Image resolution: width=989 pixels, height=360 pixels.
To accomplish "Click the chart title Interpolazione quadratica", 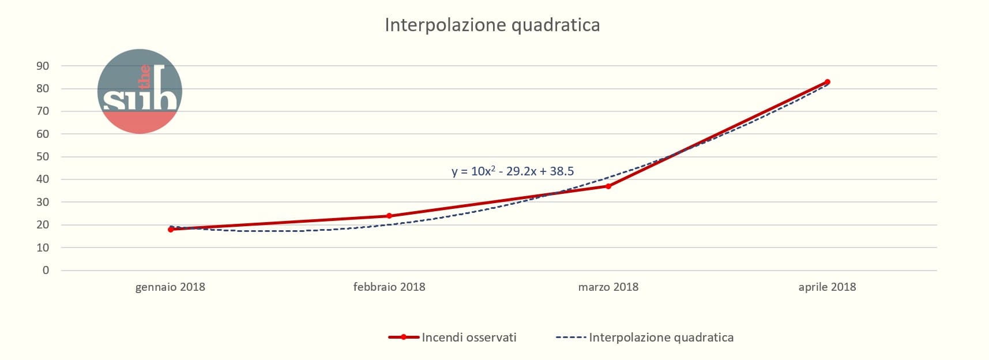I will [x=492, y=25].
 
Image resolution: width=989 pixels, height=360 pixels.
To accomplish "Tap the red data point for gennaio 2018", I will [x=171, y=230].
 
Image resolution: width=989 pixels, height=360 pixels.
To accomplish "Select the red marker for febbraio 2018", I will [x=389, y=216].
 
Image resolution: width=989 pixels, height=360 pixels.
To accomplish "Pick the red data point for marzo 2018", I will [x=608, y=186].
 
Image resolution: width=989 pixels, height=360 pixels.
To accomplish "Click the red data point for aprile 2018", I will [x=828, y=82].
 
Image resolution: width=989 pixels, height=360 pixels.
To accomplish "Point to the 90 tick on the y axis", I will [x=43, y=66].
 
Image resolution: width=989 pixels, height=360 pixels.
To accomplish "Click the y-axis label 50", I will [x=43, y=156].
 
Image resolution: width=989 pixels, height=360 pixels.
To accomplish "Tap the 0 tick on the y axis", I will [x=46, y=270].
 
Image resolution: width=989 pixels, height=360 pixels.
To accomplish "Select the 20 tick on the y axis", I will [x=43, y=225].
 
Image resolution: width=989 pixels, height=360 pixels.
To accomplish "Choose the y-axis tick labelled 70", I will [x=43, y=111].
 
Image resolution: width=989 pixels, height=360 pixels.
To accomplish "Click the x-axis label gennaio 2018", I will [x=170, y=287].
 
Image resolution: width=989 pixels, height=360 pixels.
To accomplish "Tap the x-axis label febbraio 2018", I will [x=389, y=287].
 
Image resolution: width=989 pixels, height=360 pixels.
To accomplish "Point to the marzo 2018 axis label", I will [x=608, y=287].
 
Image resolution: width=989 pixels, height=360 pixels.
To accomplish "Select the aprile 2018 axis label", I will [x=827, y=287].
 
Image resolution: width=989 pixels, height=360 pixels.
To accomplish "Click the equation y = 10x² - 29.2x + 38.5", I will [x=513, y=171].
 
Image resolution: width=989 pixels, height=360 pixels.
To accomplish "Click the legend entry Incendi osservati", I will [x=469, y=337].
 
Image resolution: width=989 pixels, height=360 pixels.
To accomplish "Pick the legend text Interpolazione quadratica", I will [x=661, y=337].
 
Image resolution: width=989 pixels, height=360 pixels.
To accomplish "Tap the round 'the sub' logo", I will [x=140, y=91].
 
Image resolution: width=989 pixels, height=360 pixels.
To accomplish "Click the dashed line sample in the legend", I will [x=570, y=337].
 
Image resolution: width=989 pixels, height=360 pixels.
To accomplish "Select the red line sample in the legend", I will [x=404, y=337].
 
